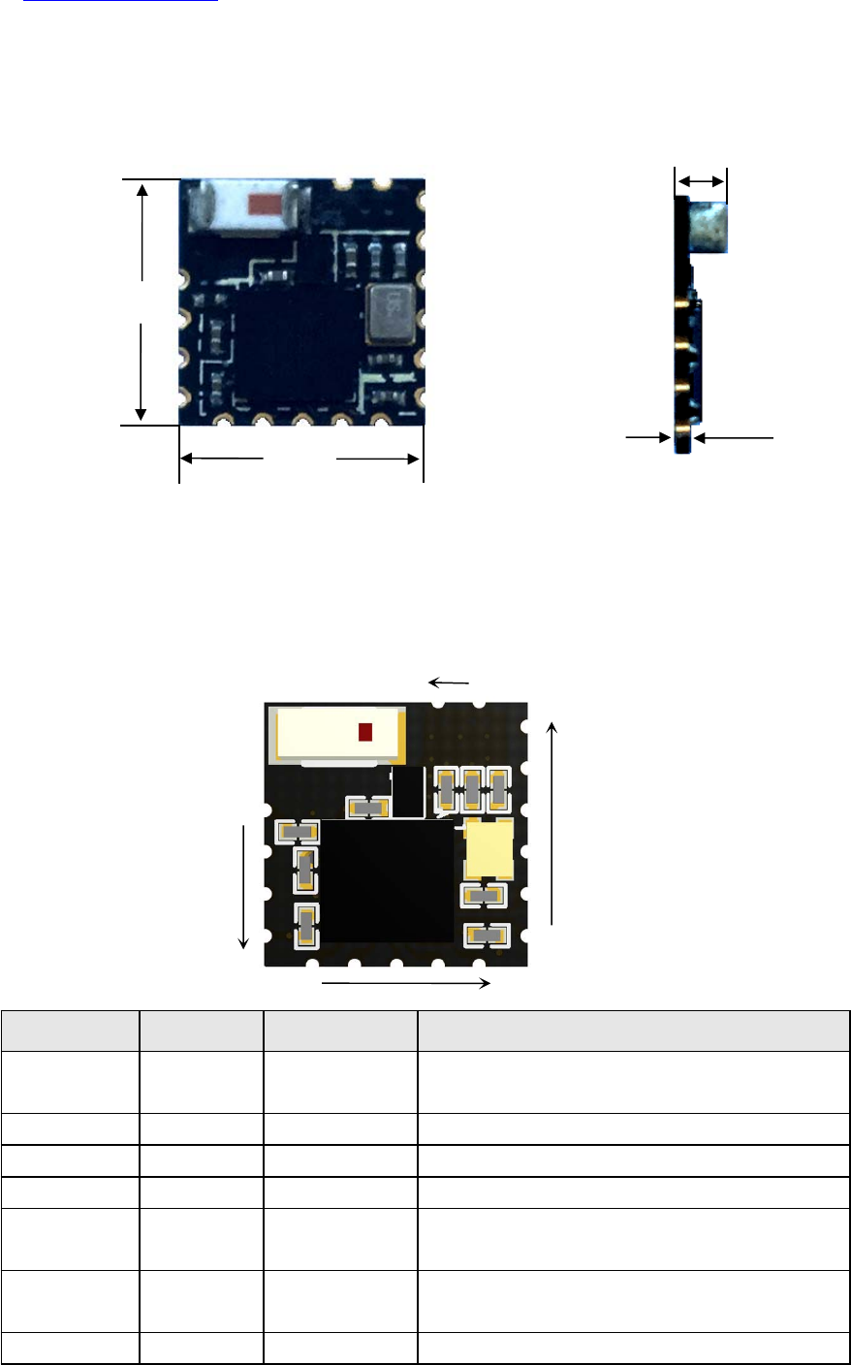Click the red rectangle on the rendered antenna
pos(365,732)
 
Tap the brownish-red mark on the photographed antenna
pos(264,205)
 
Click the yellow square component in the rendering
pos(489,846)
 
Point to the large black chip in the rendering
pos(388,881)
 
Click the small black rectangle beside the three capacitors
pos(408,791)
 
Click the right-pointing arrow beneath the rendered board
pos(405,984)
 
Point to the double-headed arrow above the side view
pos(700,181)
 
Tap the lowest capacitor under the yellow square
pos(487,936)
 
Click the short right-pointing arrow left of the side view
pos(648,438)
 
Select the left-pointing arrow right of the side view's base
pos(734,439)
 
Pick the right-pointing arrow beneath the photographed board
pos(378,459)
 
